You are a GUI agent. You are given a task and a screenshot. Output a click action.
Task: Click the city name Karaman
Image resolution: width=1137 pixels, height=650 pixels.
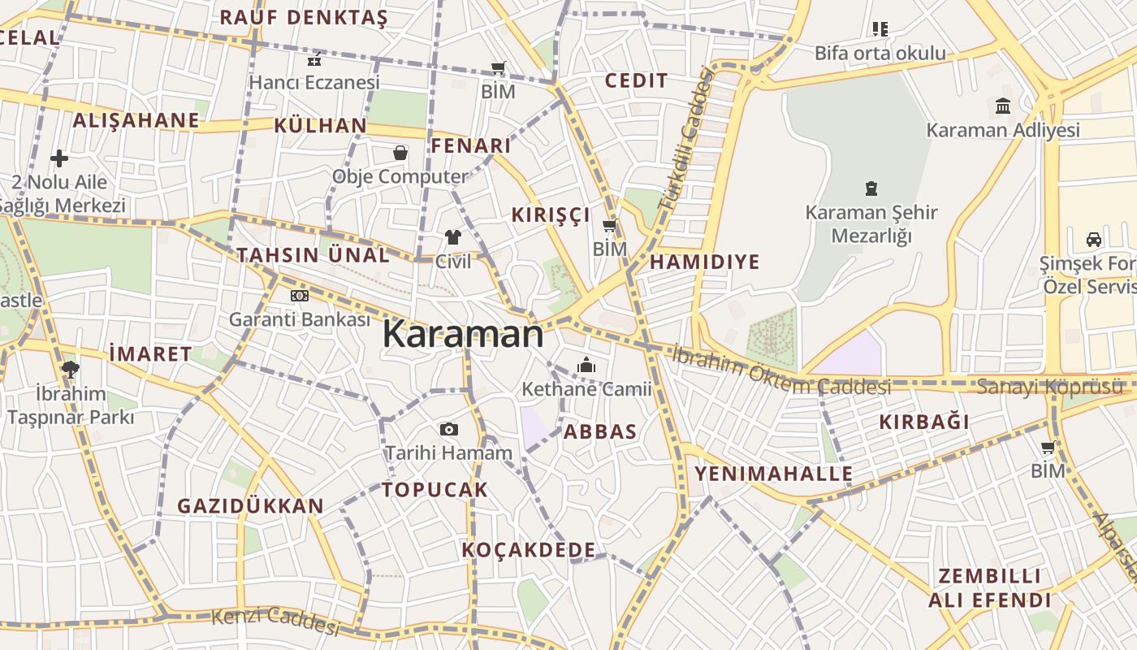(x=462, y=334)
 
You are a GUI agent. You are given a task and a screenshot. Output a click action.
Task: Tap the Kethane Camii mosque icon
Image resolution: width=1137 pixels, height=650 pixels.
(x=586, y=366)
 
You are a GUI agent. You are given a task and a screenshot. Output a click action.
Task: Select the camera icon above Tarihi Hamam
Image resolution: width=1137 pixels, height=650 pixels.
(x=448, y=429)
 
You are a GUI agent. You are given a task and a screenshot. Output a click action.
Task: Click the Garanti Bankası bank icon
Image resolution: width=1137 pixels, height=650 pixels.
(x=299, y=296)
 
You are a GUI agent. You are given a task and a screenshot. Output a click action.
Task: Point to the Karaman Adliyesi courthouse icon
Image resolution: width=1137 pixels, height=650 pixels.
(x=1002, y=106)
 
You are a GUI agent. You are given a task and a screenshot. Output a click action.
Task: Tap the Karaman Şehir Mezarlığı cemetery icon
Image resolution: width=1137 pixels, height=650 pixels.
(x=871, y=189)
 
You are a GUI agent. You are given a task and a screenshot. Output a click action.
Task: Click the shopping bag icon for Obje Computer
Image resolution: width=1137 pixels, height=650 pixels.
(x=400, y=152)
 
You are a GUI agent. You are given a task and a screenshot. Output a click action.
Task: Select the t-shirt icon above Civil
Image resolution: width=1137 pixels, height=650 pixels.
(x=452, y=237)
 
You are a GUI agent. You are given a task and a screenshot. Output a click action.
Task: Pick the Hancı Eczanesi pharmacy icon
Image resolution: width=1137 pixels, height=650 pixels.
(x=314, y=59)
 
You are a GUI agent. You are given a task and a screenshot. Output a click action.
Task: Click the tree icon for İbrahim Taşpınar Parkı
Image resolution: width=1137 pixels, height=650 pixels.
(x=70, y=370)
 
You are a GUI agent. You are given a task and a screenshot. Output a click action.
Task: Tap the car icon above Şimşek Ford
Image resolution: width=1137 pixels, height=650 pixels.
(x=1093, y=240)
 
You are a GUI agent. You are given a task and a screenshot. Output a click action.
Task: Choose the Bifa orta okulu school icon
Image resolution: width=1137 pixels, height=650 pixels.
(x=880, y=30)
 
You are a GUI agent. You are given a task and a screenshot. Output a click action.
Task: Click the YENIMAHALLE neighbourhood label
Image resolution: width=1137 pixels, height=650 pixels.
(x=773, y=474)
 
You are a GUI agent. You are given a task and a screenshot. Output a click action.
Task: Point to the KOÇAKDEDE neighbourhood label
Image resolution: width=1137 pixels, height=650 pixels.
(x=529, y=550)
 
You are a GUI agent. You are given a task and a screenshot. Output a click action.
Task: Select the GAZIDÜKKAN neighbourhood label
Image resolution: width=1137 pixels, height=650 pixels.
(x=250, y=506)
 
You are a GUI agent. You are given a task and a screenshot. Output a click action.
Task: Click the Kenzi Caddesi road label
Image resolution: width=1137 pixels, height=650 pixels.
(x=275, y=622)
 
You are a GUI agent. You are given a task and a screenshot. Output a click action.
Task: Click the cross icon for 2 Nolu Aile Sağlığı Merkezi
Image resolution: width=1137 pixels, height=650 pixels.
(x=58, y=158)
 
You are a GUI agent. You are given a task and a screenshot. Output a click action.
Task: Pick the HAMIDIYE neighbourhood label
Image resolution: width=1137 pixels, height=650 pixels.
(x=704, y=262)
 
